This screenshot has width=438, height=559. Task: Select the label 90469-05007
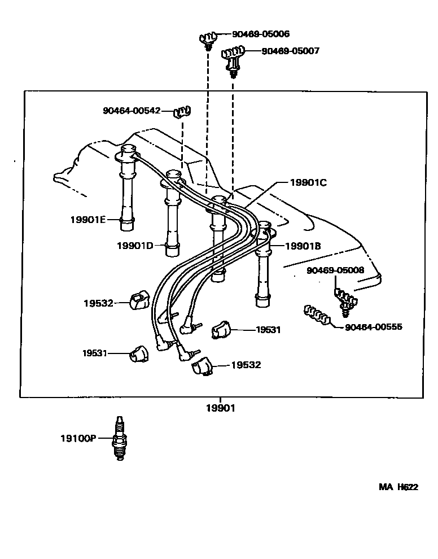point(290,51)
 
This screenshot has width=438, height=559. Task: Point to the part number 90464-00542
point(132,111)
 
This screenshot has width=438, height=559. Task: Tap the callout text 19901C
point(308,182)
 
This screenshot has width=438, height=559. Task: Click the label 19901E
point(87,219)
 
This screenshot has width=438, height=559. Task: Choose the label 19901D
point(135,245)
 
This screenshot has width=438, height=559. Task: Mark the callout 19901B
point(303,246)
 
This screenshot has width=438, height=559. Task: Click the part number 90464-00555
point(373,326)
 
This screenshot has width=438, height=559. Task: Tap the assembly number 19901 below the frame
point(220,408)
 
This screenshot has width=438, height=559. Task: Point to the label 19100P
point(78,438)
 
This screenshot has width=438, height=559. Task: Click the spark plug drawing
point(119,439)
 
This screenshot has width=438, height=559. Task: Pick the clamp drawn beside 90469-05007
point(232,58)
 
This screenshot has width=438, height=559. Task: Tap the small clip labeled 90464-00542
point(182,111)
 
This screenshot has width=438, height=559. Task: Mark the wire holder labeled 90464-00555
point(317,315)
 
